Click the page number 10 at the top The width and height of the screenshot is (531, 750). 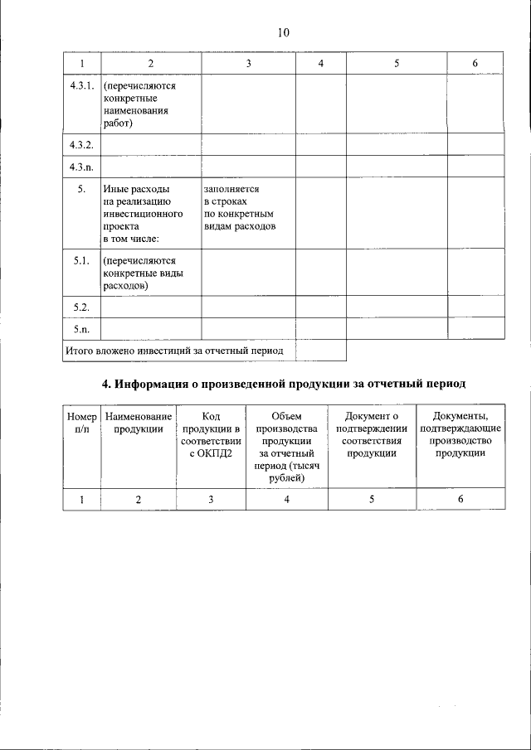tap(284, 33)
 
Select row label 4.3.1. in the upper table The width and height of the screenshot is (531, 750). tap(81, 85)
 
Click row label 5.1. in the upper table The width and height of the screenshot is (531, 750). tap(81, 261)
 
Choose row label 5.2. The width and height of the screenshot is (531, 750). tap(81, 307)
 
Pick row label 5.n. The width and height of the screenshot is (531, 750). tap(81, 329)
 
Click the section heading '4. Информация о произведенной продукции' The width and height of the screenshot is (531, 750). tap(284, 385)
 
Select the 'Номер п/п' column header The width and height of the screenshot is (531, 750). tap(81, 423)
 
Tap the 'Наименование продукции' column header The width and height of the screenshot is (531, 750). tap(139, 423)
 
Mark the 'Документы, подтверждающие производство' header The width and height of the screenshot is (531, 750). tap(460, 435)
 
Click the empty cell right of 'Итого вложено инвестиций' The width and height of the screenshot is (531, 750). tap(320, 351)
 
